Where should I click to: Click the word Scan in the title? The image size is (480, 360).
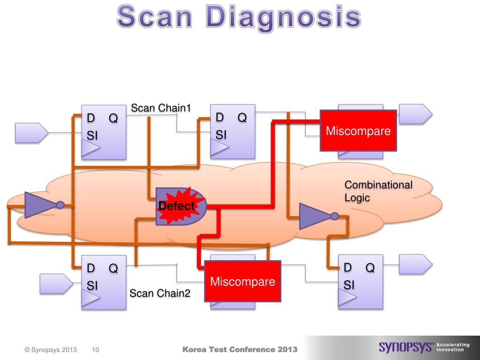[155, 18]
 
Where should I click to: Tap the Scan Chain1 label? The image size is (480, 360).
[161, 108]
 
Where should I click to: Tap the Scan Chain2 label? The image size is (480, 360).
[160, 293]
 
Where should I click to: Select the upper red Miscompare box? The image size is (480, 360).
[358, 130]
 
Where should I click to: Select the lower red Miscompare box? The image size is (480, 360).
[242, 281]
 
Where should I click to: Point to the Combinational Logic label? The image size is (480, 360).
[378, 191]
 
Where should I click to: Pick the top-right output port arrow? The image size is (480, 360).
[415, 114]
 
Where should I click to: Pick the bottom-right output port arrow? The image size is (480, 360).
[415, 264]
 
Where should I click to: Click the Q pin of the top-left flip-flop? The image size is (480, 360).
[113, 119]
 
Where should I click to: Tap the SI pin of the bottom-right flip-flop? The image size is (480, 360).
[349, 285]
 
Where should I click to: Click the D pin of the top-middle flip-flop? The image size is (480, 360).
[220, 118]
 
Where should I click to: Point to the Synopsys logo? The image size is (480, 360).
[406, 347]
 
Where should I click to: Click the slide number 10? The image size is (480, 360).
[96, 350]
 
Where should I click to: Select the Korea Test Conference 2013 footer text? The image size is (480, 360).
[240, 349]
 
